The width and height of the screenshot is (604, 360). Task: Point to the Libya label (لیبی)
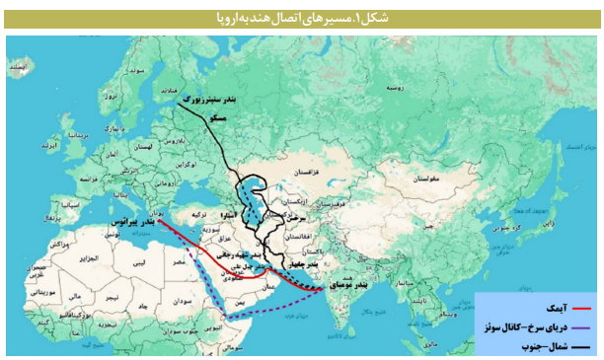click(146, 266)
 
